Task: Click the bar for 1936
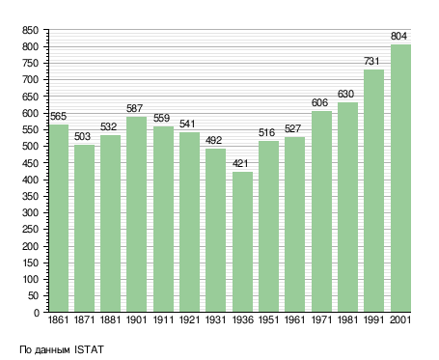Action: [242, 241]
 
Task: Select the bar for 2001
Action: [400, 178]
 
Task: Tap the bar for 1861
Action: [59, 218]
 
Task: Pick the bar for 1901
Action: [137, 214]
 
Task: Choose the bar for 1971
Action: [321, 211]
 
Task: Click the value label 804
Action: [398, 36]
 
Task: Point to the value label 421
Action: [240, 163]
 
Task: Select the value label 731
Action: [371, 61]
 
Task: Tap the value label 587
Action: [134, 108]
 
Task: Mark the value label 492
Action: [214, 140]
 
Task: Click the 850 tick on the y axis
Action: [30, 31]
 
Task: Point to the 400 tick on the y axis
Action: [30, 180]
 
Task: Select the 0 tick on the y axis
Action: [37, 313]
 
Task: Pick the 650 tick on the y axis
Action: [30, 97]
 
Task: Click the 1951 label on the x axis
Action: [268, 319]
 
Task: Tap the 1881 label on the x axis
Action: [110, 319]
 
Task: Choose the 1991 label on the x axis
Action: [374, 319]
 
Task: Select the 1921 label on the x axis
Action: [189, 319]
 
